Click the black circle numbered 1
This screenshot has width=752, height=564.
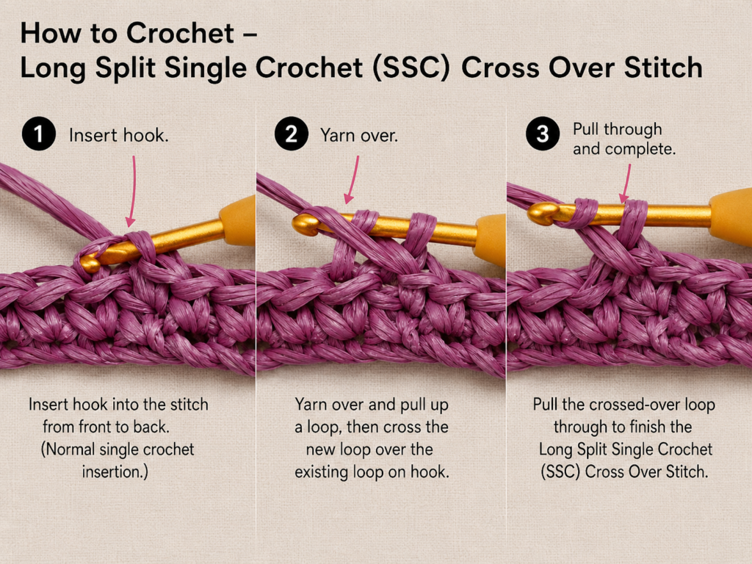(x=38, y=134)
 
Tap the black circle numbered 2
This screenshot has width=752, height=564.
(x=291, y=134)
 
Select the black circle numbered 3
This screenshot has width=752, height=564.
(x=543, y=134)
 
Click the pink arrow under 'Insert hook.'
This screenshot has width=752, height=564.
(x=132, y=191)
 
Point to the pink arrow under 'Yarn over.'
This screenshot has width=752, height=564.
(x=352, y=179)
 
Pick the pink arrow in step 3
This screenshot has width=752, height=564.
(x=625, y=184)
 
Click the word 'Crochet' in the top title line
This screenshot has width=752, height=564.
(x=181, y=34)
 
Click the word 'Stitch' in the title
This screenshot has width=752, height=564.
(x=663, y=67)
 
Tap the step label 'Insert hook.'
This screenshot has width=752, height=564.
(x=119, y=135)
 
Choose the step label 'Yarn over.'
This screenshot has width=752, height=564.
(x=359, y=135)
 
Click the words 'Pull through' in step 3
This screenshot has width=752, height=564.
(x=617, y=129)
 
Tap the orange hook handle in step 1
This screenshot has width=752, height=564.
(x=239, y=220)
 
